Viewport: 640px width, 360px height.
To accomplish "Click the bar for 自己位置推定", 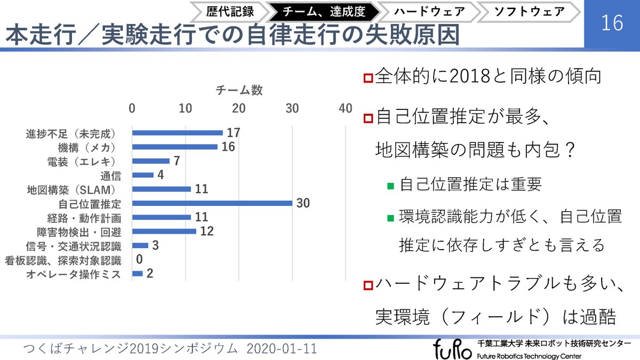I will [x=212, y=203].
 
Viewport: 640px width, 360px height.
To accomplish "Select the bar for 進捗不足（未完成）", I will [x=177, y=133].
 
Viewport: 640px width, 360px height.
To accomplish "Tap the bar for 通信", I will [x=142, y=175].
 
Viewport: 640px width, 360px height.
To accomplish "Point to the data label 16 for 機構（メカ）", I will [x=228, y=147].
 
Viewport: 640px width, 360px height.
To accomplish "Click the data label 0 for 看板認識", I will [x=139, y=260].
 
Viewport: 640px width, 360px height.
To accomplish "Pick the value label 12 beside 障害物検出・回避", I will [x=207, y=231].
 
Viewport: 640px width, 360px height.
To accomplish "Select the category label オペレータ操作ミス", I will [x=74, y=274].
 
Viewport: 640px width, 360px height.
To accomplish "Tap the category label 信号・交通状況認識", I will [x=74, y=246].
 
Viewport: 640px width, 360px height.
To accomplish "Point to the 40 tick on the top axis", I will [x=346, y=108].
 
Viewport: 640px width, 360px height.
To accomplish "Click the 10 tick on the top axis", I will [x=185, y=108].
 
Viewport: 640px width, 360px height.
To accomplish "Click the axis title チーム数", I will [x=239, y=90].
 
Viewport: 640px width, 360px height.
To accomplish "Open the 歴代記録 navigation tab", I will [x=230, y=11].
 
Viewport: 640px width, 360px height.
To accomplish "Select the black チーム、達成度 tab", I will [x=324, y=11].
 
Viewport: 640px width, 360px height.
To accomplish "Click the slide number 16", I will [x=612, y=24].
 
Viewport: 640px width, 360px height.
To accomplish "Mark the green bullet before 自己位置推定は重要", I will [x=390, y=186].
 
